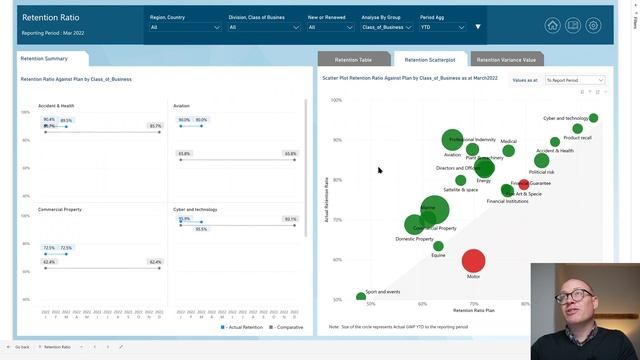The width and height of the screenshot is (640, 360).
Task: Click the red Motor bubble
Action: (473, 260)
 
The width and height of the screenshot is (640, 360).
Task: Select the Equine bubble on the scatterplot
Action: (438, 246)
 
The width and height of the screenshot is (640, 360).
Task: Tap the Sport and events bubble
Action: (361, 297)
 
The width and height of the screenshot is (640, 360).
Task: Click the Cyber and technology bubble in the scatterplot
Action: (593, 118)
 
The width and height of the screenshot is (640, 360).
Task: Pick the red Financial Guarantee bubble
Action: (523, 184)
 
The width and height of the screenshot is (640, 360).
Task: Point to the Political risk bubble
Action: (542, 160)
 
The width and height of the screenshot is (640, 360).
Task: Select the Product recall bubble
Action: (577, 129)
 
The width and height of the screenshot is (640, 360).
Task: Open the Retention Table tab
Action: (352, 60)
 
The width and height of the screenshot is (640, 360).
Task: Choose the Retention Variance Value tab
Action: (506, 60)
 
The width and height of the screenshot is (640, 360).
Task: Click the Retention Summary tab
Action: (44, 59)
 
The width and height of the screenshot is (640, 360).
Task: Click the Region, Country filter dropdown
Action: (185, 27)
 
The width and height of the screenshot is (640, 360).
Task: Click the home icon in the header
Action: (553, 26)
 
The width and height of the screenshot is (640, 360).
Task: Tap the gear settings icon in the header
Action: (593, 26)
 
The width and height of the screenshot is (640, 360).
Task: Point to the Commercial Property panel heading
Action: (59, 209)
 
